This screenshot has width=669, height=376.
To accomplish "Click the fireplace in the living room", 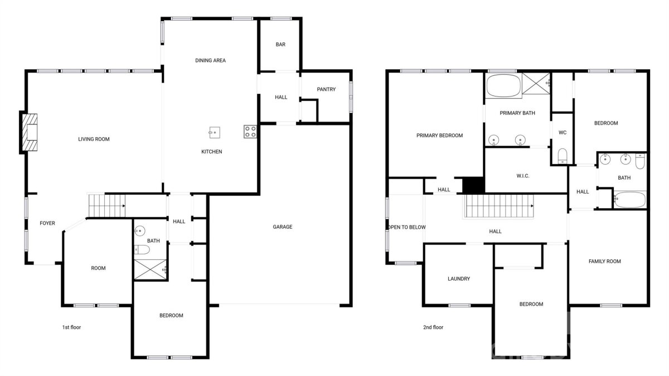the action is click(30, 132).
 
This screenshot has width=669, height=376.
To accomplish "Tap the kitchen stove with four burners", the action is click(250, 132).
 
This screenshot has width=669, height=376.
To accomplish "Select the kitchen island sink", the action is click(215, 132).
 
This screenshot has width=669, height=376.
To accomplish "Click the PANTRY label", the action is click(326, 89).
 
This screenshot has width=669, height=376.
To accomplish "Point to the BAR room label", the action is click(280, 45).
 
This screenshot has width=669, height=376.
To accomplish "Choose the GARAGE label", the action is click(283, 227).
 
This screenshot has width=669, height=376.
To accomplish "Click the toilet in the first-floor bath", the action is click(142, 249).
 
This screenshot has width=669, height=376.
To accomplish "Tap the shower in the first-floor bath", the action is click(150, 269).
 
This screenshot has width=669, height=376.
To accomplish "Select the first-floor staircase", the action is click(106, 206).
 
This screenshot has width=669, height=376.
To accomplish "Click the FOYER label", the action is click(47, 223).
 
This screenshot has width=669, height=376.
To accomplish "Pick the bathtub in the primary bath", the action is click(503, 85).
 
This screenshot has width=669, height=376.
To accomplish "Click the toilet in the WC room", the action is click(563, 156).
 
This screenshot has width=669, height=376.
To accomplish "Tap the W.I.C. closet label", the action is click(523, 176).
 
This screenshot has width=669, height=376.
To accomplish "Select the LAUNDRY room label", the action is click(459, 279).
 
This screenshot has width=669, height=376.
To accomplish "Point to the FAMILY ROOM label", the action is click(605, 262).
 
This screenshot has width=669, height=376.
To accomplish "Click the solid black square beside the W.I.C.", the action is click(473, 185).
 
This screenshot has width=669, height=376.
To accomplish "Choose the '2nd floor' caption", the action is click(433, 327).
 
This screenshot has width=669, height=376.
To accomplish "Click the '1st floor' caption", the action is click(71, 327).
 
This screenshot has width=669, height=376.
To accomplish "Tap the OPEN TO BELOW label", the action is click(407, 227).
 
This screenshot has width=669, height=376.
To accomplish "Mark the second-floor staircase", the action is click(498, 206).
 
